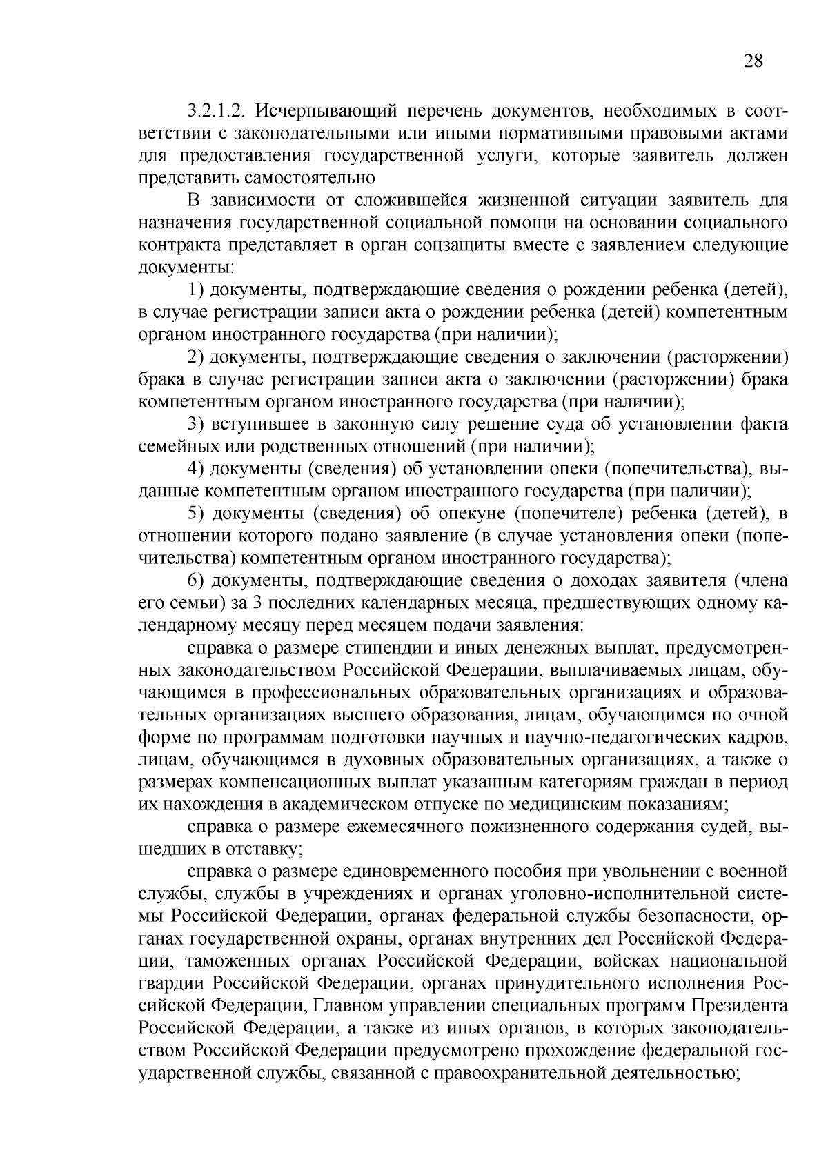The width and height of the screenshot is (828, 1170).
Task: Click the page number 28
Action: (753, 61)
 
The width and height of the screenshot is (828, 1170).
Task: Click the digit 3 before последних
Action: (257, 603)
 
